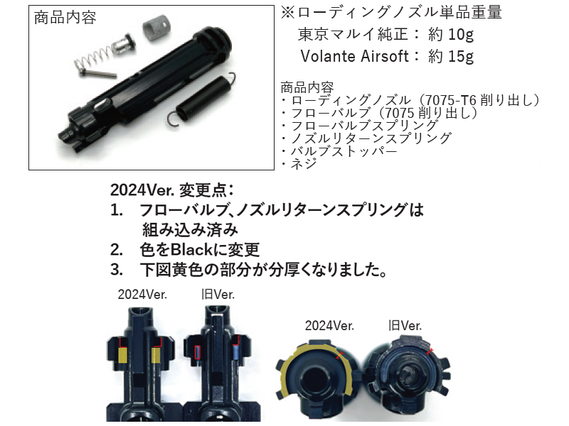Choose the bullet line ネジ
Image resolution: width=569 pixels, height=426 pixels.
[x=299, y=164]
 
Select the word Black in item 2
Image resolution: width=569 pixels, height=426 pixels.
[x=191, y=250]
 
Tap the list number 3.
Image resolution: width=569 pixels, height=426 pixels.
[x=117, y=271]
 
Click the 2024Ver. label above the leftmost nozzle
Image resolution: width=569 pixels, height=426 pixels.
[x=142, y=294]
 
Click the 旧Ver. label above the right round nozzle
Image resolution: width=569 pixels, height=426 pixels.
[x=405, y=326]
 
